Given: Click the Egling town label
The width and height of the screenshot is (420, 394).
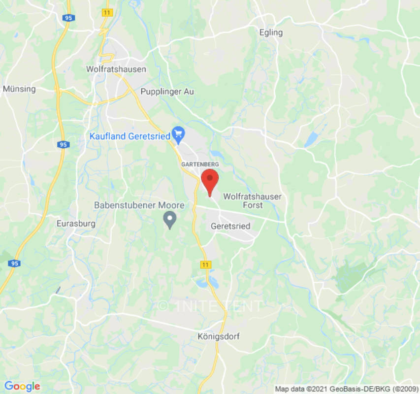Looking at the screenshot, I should click(271, 33).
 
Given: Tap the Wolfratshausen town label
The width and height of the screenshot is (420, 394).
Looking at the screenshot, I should click(116, 69).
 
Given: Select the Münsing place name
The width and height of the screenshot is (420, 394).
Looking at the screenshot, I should click(19, 89).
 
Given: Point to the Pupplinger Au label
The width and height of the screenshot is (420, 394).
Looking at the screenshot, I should click(167, 92).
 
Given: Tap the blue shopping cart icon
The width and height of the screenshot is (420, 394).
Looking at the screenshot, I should click(178, 133).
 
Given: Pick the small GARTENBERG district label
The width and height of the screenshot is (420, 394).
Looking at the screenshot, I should click(200, 164).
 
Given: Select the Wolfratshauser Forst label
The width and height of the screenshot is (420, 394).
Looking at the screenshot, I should click(252, 200).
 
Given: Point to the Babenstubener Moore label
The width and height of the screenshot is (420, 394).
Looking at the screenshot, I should click(139, 205).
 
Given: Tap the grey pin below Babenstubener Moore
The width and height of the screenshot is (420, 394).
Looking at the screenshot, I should click(170, 219).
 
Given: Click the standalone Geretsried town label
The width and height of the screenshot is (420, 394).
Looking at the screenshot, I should click(230, 227).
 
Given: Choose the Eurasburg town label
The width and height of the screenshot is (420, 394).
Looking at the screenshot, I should click(76, 223).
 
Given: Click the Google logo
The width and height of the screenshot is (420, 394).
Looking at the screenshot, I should click(22, 386).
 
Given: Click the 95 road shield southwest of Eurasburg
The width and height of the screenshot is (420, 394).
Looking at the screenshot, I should click(14, 264).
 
